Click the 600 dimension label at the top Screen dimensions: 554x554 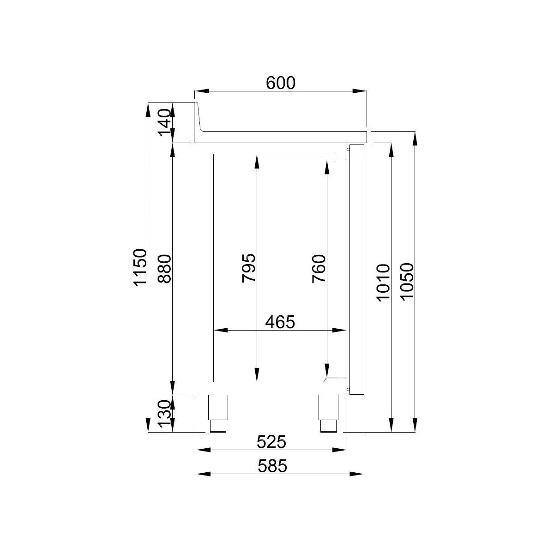(x=280, y=83)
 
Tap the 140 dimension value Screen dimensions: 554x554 (x=165, y=123)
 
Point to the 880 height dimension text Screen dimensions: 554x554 (x=165, y=267)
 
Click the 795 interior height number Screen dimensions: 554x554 (x=248, y=268)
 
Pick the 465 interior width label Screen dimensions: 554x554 (x=280, y=322)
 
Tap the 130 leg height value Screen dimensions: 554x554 (x=165, y=414)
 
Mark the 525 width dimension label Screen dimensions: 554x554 (x=271, y=442)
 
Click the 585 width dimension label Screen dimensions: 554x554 (x=272, y=466)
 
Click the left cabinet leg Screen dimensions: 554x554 (x=218, y=413)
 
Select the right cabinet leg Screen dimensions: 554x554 (x=329, y=413)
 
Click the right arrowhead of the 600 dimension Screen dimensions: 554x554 (x=360, y=91)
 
